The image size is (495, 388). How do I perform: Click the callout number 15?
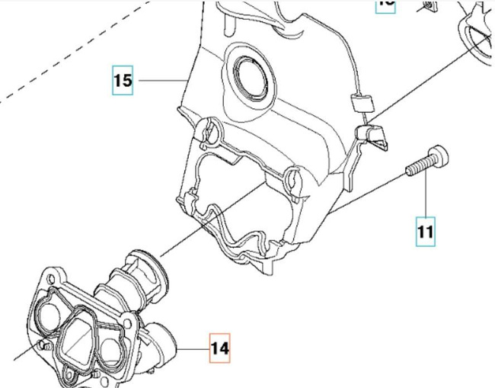pyautogui.click(x=123, y=80)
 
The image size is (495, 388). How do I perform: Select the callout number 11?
pyautogui.click(x=426, y=230)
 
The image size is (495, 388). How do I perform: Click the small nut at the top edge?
pyautogui.click(x=428, y=8)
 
